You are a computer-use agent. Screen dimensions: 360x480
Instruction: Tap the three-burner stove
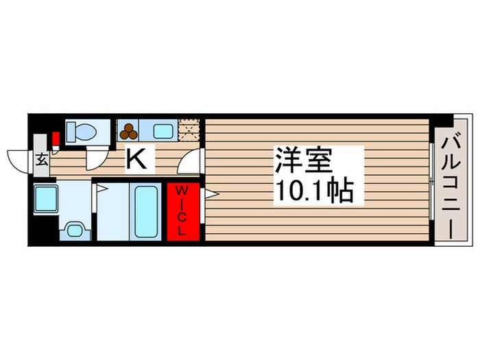129,130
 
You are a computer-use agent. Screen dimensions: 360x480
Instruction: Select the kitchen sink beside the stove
162,130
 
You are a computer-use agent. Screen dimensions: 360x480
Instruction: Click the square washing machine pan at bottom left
47,198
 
